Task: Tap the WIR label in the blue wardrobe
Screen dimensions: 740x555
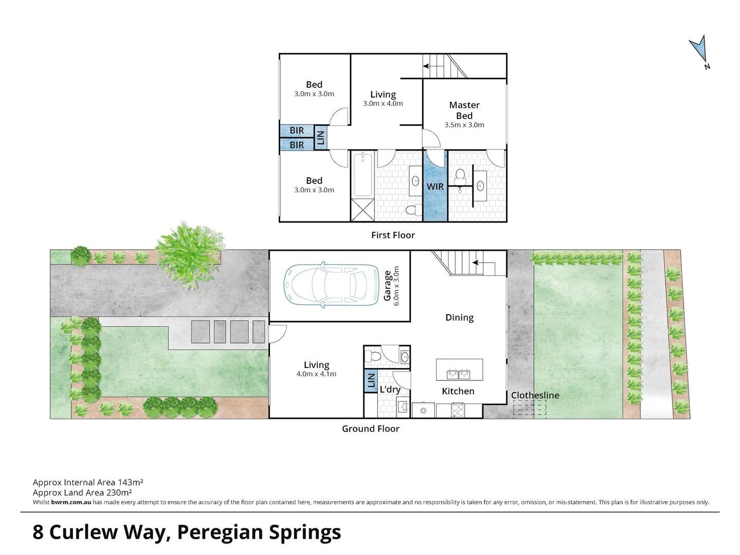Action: pyautogui.click(x=435, y=186)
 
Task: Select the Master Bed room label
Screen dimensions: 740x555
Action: pyautogui.click(x=464, y=110)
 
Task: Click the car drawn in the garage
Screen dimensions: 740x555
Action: pyautogui.click(x=331, y=285)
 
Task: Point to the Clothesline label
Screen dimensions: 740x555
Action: pyautogui.click(x=535, y=395)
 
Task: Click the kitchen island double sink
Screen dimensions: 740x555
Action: pyautogui.click(x=459, y=374)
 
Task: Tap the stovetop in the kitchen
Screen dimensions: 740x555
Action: pyautogui.click(x=458, y=410)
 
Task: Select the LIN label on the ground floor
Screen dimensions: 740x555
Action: pyautogui.click(x=371, y=381)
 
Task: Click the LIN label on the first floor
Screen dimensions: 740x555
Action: pyautogui.click(x=320, y=137)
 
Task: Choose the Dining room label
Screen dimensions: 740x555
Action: pyautogui.click(x=459, y=318)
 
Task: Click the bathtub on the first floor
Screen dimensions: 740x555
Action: pyautogui.click(x=363, y=174)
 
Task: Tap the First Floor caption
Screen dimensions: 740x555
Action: pyautogui.click(x=393, y=235)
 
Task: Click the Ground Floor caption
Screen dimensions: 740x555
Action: pyautogui.click(x=370, y=429)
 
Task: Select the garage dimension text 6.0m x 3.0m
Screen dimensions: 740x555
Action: pyautogui.click(x=396, y=286)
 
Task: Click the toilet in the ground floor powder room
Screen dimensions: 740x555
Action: pyautogui.click(x=373, y=356)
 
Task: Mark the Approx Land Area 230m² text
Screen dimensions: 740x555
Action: pyautogui.click(x=82, y=492)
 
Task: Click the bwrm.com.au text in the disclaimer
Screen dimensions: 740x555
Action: pyautogui.click(x=71, y=502)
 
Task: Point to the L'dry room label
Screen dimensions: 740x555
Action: pyautogui.click(x=390, y=390)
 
